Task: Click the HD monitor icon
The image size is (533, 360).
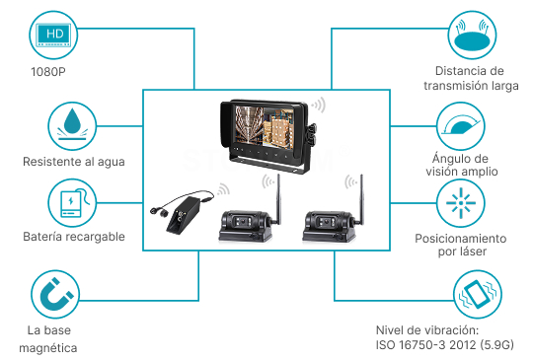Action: [53, 36]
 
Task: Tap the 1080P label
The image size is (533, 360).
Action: [48, 72]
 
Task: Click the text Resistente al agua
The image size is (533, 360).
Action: [74, 162]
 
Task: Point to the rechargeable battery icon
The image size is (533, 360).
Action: [72, 203]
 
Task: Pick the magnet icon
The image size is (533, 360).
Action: [55, 294]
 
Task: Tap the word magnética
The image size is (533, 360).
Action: [48, 348]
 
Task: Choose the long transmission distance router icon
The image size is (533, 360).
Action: [472, 36]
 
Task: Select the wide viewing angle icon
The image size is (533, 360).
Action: [461, 126]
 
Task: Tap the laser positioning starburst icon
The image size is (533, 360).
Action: [461, 203]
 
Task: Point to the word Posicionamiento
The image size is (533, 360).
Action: [461, 239]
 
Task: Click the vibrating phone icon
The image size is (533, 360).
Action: [478, 294]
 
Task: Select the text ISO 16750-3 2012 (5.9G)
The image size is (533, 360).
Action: [444, 345]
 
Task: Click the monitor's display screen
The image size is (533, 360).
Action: [264, 125]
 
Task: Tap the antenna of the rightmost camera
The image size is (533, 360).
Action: [361, 199]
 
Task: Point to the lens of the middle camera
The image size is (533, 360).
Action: [244, 221]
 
